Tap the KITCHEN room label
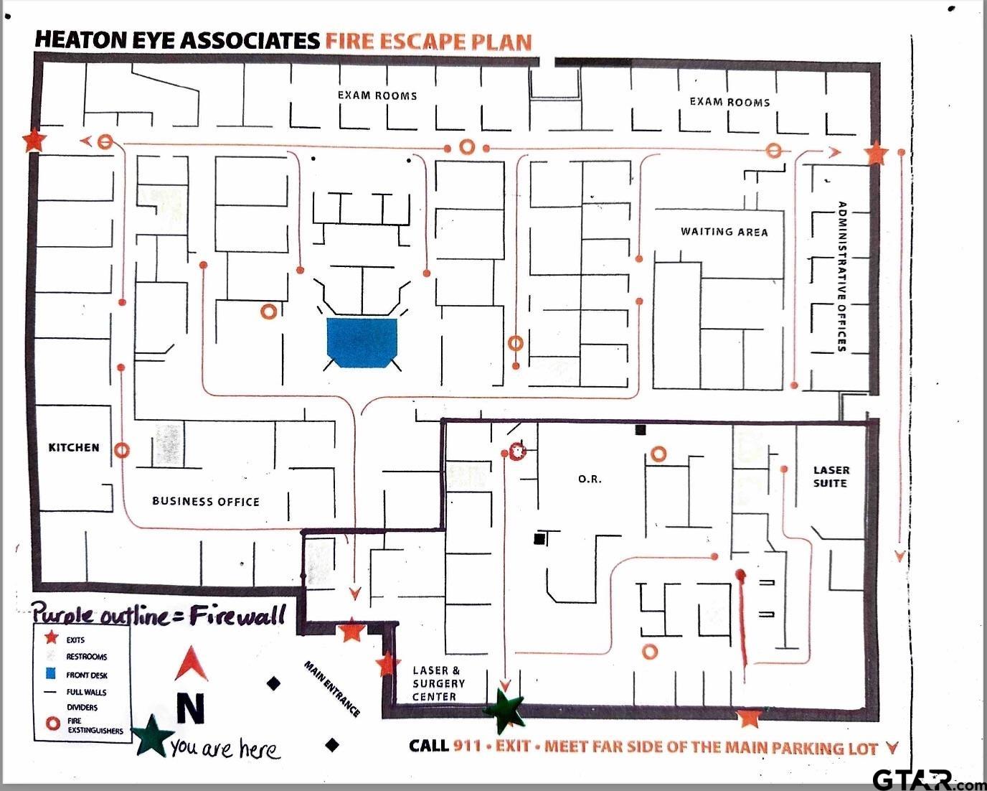coord(74,447)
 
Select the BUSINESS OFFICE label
coord(206,501)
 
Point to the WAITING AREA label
coord(724,232)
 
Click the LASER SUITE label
coord(831,477)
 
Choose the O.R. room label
coord(590,479)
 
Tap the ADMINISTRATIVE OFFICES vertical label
coord(842,276)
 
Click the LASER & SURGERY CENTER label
coord(438,683)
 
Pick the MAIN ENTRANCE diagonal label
coord(332,689)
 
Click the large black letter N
coord(190,708)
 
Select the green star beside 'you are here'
coord(151,736)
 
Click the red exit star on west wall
coord(33,141)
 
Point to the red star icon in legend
coord(51,638)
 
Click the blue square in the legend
coord(50,674)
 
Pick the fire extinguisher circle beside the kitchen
coord(122,451)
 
